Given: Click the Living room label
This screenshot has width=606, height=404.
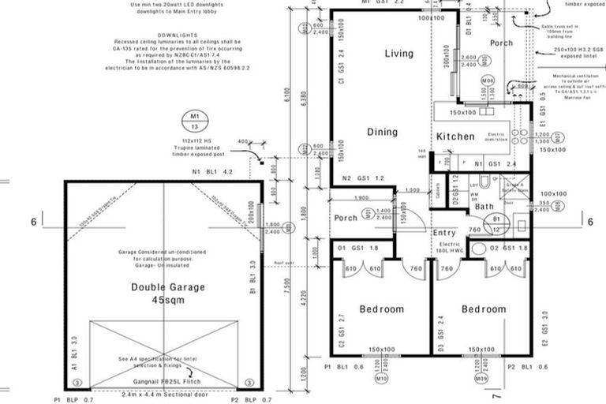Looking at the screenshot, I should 399,54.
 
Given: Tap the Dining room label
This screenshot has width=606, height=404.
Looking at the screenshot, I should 382,133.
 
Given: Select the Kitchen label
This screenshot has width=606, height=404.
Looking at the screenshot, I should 456,137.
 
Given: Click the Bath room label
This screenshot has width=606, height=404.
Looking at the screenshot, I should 484,207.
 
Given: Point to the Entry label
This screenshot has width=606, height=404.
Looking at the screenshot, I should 445,233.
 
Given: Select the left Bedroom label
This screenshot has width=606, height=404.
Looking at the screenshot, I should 381,309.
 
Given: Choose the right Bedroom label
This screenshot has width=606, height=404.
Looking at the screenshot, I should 483,309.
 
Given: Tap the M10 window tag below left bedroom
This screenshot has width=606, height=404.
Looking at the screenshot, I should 382,379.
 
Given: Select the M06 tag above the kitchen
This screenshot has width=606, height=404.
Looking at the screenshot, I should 488,81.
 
